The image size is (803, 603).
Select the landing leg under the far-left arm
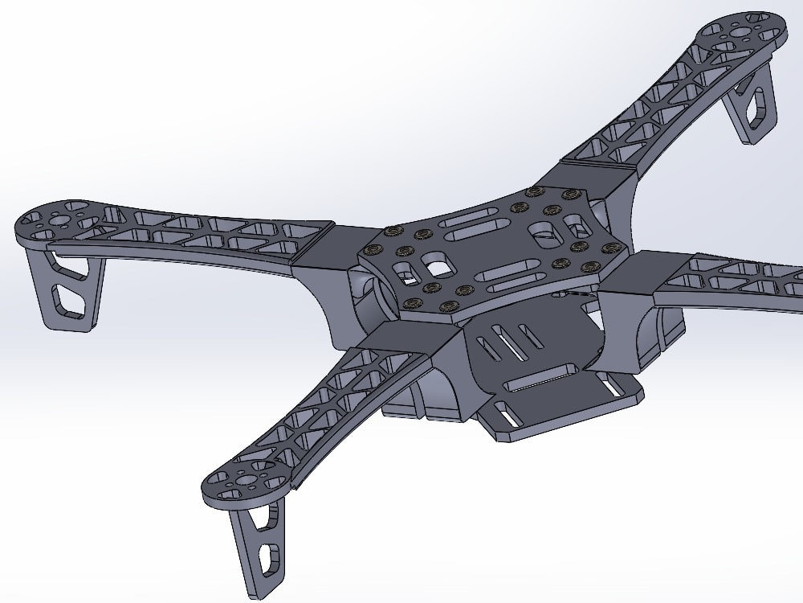click(64, 289)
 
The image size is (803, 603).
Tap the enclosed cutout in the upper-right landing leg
click(756, 105)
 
